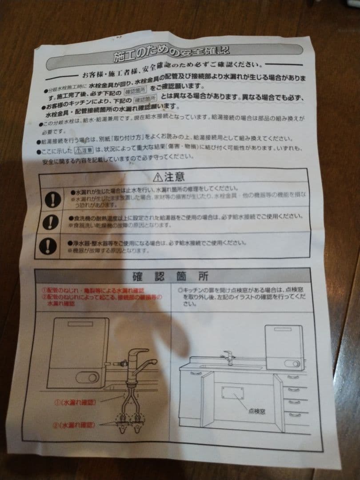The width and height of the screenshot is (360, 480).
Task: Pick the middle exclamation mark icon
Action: pos(50,221)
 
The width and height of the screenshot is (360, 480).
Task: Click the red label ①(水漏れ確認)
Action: pos(74,403)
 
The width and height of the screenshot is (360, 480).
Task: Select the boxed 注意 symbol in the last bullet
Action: pos(84,149)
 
